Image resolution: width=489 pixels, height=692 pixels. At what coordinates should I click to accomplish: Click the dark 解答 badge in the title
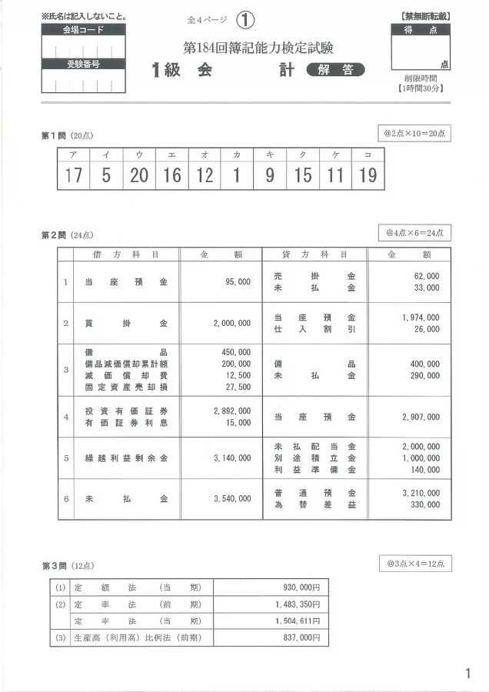coord(335,70)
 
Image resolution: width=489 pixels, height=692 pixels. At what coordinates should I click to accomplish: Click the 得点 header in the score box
coord(421,30)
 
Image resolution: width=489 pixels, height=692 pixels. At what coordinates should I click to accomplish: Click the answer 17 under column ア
coord(74,176)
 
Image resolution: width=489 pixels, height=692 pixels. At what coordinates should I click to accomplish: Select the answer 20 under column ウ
coord(139,176)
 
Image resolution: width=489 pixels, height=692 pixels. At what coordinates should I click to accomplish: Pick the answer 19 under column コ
coord(368,176)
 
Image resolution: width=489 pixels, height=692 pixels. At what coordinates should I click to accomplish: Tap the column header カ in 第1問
coord(237,155)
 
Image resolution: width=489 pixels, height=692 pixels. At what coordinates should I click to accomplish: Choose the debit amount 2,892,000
coord(231,411)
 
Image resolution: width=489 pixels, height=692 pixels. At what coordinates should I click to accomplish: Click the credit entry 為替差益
coord(314,505)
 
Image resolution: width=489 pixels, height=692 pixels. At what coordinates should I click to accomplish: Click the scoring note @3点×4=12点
coord(420,564)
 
